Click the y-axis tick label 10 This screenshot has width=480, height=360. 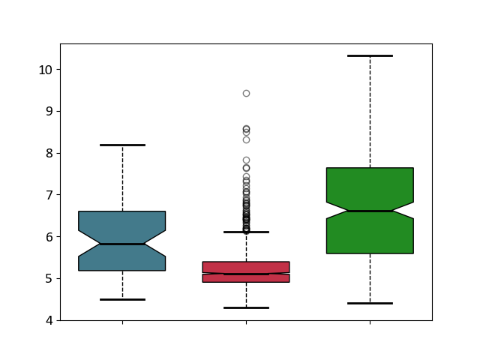click(45, 70)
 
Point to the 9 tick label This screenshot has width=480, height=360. click(49, 112)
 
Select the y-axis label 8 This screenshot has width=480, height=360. click(49, 153)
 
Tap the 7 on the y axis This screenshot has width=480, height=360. click(49, 195)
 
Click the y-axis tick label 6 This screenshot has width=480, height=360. click(49, 237)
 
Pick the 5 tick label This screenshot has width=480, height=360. click(49, 278)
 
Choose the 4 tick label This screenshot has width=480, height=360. click(49, 320)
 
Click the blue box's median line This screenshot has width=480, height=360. click(122, 244)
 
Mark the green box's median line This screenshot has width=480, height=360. click(370, 211)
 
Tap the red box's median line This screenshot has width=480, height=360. click(247, 274)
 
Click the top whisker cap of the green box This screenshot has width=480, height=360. click(370, 56)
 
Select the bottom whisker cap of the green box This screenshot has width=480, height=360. click(370, 303)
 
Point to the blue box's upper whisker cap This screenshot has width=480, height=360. click(122, 145)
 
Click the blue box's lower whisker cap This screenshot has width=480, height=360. click(122, 299)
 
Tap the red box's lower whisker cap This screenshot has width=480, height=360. click(247, 308)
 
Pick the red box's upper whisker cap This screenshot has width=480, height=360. click(247, 232)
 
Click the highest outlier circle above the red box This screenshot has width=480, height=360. click(247, 93)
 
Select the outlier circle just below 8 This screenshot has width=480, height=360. click(247, 160)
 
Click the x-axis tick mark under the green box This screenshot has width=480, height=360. click(370, 322)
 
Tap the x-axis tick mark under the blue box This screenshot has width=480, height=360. click(123, 322)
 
